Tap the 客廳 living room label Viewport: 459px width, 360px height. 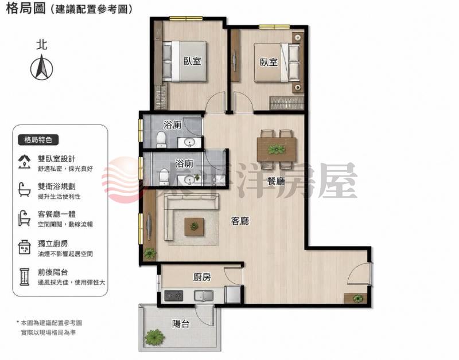tap(240, 221)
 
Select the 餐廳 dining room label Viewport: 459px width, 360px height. tap(276, 181)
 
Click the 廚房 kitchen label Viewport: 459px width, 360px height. tap(202, 277)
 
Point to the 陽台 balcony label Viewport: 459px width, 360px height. tap(181, 324)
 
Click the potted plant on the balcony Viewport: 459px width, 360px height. tap(154, 337)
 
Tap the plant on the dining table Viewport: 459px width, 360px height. tap(276, 150)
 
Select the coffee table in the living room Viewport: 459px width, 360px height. tap(194, 226)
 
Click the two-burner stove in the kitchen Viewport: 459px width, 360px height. tap(174, 296)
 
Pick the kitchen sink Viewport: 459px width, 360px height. tap(204, 296)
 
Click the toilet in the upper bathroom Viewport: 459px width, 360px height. tap(161, 139)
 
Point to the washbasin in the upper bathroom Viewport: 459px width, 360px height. tap(189, 143)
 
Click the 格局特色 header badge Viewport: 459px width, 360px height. tap(38, 140)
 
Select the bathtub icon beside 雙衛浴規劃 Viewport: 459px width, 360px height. tap(24, 190)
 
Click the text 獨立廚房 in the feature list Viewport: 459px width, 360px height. tap(53, 244)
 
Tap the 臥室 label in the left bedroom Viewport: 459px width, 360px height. tap(192, 61)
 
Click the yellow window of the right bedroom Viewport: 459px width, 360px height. tap(274, 27)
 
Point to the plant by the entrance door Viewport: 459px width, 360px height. tap(357, 298)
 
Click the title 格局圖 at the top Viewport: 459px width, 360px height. tap(26, 9)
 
